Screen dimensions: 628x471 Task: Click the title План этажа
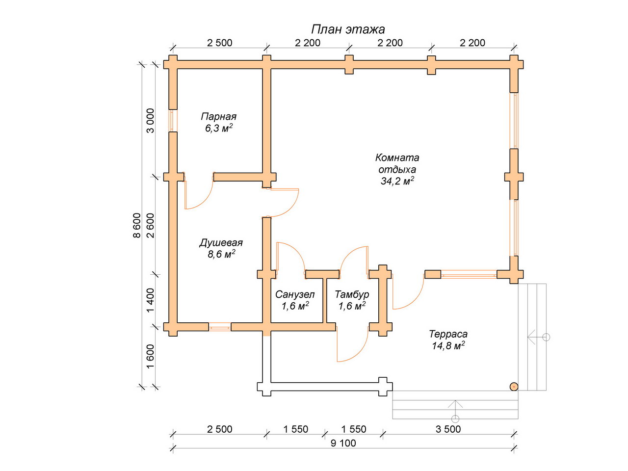pos(348,29)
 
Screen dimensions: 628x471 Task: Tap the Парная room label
pos(219,117)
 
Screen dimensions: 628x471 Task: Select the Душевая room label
pos(221,243)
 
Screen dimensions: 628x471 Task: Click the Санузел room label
pos(295,294)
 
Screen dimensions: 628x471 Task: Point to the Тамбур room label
pos(352,294)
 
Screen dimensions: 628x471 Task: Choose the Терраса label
pos(448,334)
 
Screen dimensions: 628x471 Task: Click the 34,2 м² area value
pos(397,181)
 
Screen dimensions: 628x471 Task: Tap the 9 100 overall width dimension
pos(343,443)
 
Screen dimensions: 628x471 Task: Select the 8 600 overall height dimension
pos(137,225)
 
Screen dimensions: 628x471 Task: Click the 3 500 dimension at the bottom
pos(448,429)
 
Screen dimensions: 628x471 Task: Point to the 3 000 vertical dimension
pos(150,121)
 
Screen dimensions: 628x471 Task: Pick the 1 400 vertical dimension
pos(150,300)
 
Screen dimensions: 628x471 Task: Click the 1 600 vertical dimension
pos(150,356)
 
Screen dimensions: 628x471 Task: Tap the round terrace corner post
pos(514,387)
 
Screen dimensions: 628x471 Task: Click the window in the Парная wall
pos(173,121)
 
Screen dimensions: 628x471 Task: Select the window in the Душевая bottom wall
pos(220,327)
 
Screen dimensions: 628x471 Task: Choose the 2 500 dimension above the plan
pos(219,43)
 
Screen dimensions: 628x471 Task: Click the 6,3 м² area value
pos(219,128)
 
